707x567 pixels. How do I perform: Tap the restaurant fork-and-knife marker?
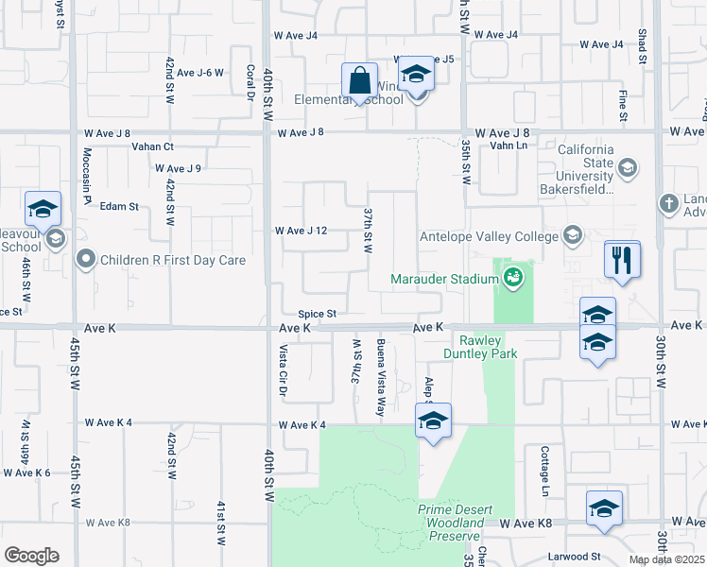[x=622, y=260]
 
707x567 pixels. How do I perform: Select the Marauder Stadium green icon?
[x=513, y=277]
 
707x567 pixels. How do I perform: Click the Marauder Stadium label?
[x=445, y=278]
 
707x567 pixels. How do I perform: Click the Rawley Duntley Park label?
[x=489, y=347]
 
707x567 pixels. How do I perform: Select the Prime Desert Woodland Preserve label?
[x=456, y=523]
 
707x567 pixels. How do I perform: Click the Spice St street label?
[x=318, y=314]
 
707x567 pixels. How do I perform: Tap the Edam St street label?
[x=120, y=206]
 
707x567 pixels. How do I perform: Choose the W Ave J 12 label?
[x=301, y=231]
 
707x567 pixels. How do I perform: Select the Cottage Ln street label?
[x=544, y=471]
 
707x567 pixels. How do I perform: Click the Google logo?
[x=31, y=556]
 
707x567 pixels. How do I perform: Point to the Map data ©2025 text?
[x=667, y=559]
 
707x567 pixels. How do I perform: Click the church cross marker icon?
[x=668, y=203]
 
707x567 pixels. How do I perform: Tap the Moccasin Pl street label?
[x=86, y=175]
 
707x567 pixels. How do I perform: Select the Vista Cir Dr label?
[x=282, y=369]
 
